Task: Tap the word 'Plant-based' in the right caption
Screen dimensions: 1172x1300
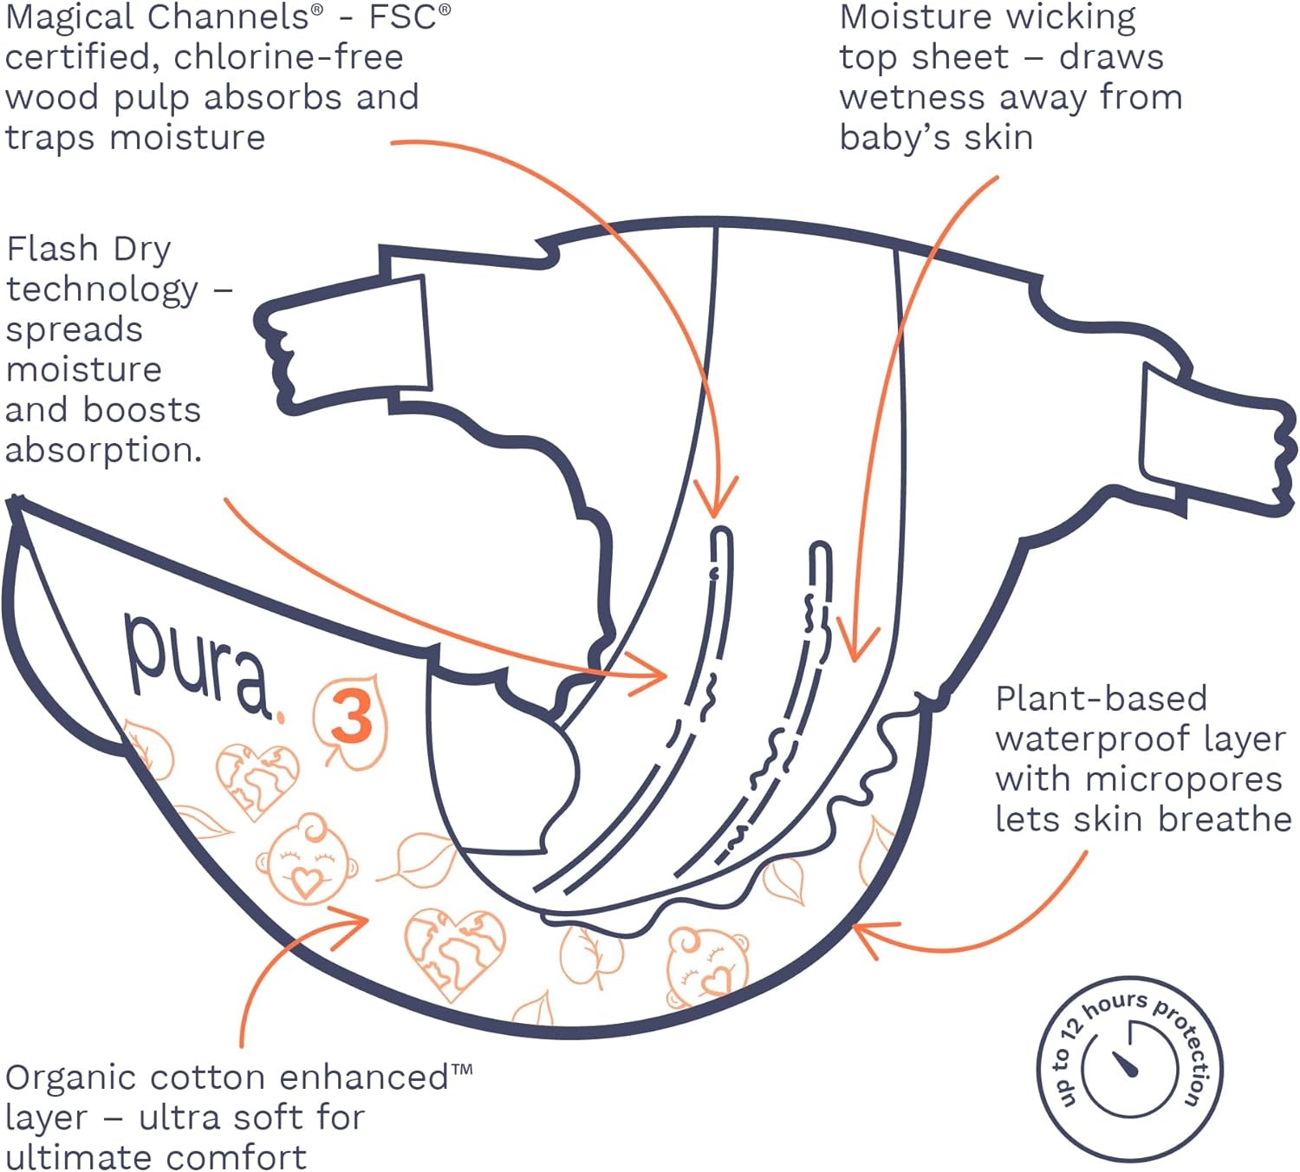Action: coord(1101,699)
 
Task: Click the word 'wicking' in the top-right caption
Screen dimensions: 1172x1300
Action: coord(1083,17)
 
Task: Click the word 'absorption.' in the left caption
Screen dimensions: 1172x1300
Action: coord(103,450)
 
